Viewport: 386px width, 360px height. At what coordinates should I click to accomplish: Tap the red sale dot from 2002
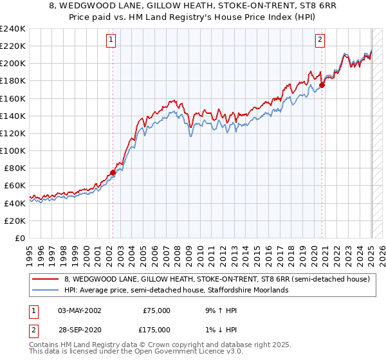click(113, 172)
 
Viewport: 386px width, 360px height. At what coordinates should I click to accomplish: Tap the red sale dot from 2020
click(322, 85)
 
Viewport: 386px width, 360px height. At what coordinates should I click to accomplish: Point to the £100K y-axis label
click(12, 150)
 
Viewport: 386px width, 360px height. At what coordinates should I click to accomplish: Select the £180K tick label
click(12, 81)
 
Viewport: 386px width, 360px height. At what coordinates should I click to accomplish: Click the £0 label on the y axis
click(20, 238)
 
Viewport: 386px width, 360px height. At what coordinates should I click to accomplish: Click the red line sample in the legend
click(46, 280)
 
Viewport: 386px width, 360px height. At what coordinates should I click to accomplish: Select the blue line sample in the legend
click(46, 290)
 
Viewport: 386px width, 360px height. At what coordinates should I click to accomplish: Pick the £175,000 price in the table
click(156, 330)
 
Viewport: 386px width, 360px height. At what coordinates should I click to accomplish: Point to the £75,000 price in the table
click(156, 310)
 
